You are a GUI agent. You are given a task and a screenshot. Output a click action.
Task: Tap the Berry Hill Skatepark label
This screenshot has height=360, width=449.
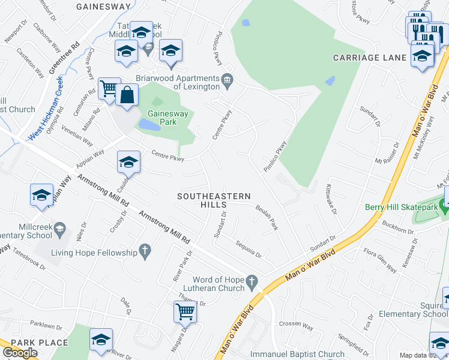402,207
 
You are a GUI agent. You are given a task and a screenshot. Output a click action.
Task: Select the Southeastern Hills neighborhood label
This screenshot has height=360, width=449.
214,200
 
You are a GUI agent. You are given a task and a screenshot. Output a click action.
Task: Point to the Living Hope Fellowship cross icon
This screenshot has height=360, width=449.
144,248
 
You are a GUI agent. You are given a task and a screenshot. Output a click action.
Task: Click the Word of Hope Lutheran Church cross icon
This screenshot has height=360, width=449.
253,280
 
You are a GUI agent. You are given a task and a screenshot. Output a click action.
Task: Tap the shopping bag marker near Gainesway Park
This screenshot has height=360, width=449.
127,95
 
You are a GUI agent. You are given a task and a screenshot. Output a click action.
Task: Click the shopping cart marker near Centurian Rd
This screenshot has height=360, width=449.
109,89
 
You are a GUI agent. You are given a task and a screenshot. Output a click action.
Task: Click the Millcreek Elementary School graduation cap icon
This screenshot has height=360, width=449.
59,228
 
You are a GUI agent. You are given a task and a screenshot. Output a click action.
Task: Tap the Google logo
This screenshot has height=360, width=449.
20,352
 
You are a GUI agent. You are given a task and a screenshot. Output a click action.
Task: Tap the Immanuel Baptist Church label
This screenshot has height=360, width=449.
297,355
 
